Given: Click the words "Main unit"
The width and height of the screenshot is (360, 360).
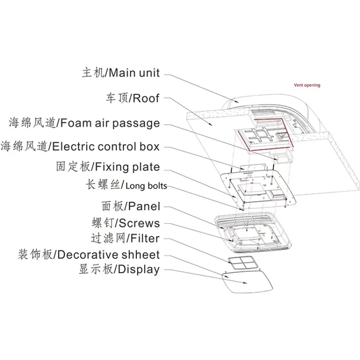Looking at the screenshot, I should [134, 72].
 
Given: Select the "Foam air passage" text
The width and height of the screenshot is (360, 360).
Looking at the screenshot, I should [110, 123].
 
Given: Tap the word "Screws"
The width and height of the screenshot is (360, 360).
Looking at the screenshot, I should [140, 223].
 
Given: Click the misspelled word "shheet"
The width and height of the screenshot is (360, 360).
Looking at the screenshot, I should [140, 255].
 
